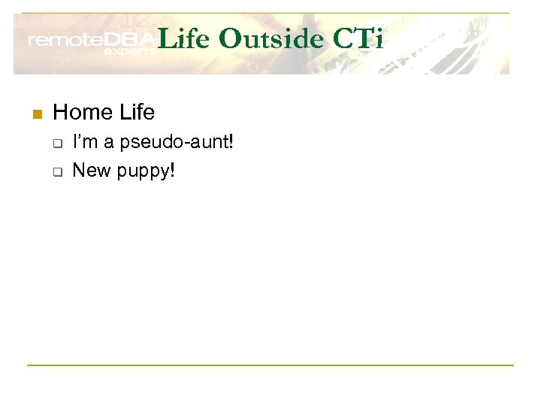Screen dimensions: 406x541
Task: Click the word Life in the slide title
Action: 186,39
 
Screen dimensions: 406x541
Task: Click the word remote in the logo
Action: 64,41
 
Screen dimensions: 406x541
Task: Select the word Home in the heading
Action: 82,113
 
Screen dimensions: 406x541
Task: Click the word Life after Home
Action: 135,113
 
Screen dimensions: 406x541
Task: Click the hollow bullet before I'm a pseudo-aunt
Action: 56,143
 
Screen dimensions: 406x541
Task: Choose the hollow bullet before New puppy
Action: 56,171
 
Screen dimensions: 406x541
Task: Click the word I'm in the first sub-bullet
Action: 83,142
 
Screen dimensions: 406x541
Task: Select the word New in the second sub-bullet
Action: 91,170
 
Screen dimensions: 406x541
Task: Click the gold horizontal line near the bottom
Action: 270,365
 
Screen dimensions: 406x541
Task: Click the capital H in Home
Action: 60,113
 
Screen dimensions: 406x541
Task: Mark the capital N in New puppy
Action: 79,170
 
